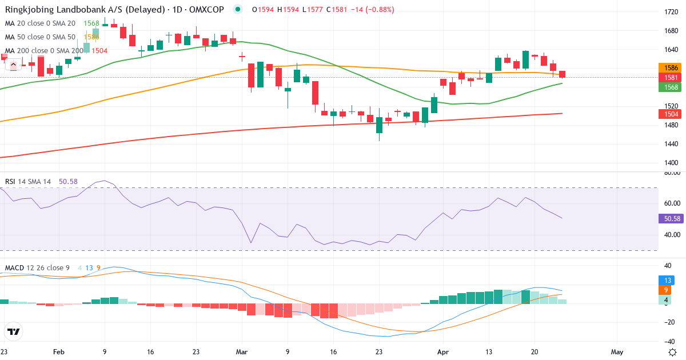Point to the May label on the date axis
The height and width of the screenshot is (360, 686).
pos(617,353)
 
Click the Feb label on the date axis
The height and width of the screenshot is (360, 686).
pos(58,353)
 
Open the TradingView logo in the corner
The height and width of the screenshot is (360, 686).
pos(14,331)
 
